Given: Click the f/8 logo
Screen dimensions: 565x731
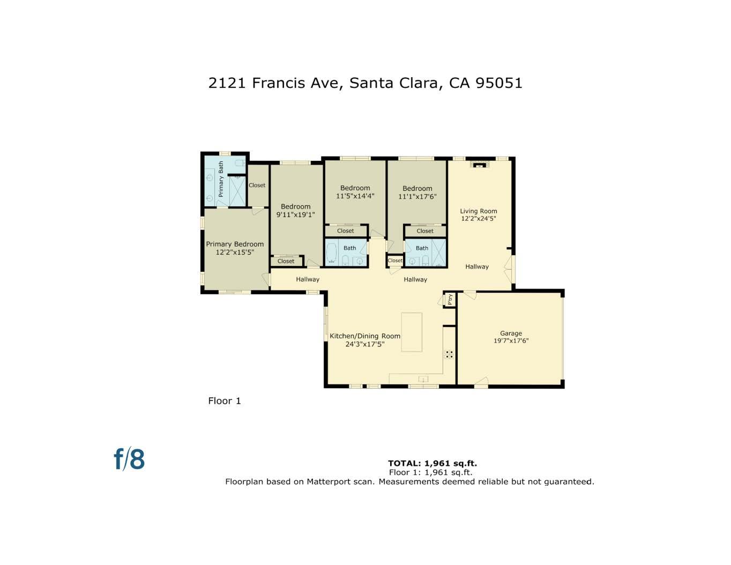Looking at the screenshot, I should pos(129,459).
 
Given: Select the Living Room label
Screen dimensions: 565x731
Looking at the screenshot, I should pos(479,211).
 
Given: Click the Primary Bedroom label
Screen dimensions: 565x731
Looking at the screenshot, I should pos(235,244).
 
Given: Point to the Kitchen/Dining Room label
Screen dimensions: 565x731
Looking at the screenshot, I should pos(364,336).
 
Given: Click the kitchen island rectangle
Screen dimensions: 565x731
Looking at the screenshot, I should pos(412,332).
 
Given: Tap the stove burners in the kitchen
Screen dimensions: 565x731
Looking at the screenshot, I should pos(449,354).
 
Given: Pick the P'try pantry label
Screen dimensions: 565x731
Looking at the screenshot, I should pos(450,299).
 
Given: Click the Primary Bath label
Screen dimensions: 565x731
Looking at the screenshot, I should pos(221,179).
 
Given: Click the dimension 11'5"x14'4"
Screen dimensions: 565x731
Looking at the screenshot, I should pos(355,196).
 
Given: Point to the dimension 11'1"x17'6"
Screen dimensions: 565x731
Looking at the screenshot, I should pos(417,197).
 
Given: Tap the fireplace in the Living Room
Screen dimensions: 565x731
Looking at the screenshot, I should pos(479,164).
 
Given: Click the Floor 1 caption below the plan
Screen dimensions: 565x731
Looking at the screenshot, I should pos(225,401).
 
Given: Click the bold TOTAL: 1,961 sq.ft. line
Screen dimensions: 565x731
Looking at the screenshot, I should pos(432,463).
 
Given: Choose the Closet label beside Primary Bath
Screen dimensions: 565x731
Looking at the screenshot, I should pos(257,185).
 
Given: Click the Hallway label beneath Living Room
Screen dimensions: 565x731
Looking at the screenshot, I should pos(476,266).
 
